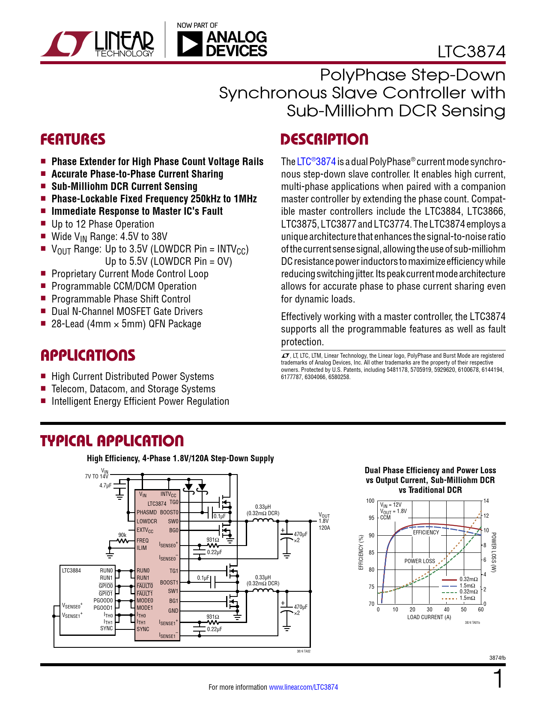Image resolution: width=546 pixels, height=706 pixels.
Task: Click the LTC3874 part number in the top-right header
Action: pyautogui.click(x=471, y=52)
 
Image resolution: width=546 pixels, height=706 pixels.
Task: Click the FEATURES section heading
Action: pyautogui.click(x=73, y=139)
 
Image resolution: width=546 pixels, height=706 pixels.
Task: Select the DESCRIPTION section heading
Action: pyautogui.click(x=324, y=139)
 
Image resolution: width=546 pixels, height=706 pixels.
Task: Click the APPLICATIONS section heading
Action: pyautogui.click(x=88, y=356)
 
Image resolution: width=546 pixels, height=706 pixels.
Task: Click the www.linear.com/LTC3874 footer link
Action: pyautogui.click(x=303, y=687)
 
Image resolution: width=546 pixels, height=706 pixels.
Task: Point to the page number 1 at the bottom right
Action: pyautogui.click(x=498, y=679)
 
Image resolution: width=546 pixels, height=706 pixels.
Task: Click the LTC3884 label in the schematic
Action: pyautogui.click(x=72, y=570)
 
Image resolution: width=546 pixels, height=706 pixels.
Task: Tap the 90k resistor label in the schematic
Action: pyautogui.click(x=122, y=535)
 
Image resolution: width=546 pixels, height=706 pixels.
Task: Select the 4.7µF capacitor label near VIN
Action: pyautogui.click(x=105, y=486)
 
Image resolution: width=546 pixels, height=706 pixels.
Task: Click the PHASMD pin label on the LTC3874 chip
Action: pyautogui.click(x=146, y=512)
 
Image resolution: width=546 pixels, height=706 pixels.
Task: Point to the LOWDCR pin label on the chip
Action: pyautogui.click(x=147, y=521)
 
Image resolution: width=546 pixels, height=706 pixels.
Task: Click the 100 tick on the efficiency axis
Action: pyautogui.click(x=370, y=501)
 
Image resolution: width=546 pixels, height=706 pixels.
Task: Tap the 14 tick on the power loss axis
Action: pyautogui.click(x=486, y=501)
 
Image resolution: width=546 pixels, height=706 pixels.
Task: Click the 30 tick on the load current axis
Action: pyautogui.click(x=430, y=609)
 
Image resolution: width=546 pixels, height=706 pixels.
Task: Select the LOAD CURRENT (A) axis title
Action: pyautogui.click(x=429, y=617)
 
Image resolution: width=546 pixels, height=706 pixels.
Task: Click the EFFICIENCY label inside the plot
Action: pyautogui.click(x=426, y=532)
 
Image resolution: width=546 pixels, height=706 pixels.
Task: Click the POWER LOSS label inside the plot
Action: pyautogui.click(x=420, y=561)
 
